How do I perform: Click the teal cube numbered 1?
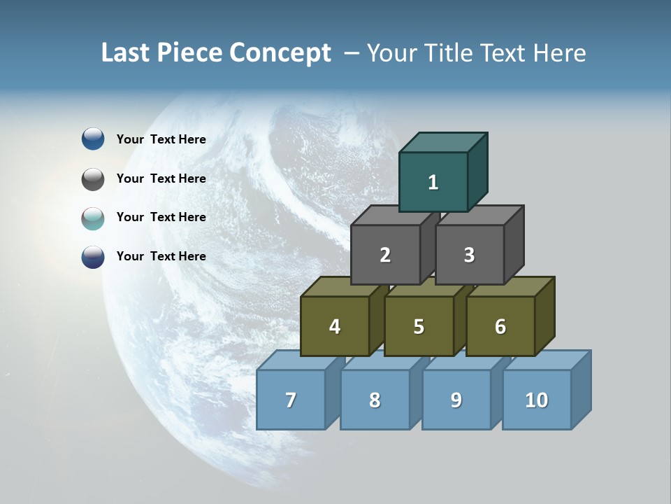click(433, 182)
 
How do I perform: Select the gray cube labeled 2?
click(385, 255)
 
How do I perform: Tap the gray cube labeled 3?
click(469, 255)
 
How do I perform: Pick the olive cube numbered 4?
click(335, 326)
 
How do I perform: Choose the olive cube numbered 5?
click(419, 326)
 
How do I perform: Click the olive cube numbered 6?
click(500, 326)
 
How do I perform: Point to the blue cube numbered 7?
click(291, 400)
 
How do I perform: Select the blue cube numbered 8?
click(375, 400)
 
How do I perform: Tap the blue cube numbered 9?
click(456, 400)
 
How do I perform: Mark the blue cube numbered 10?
click(536, 400)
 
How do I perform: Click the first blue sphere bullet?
click(93, 139)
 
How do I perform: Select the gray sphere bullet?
click(93, 179)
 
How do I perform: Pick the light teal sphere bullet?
click(93, 218)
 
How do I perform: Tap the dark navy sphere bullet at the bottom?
click(93, 257)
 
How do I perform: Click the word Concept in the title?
click(280, 53)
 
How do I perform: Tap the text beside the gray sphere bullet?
click(161, 178)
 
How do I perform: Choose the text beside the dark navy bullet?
click(161, 256)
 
